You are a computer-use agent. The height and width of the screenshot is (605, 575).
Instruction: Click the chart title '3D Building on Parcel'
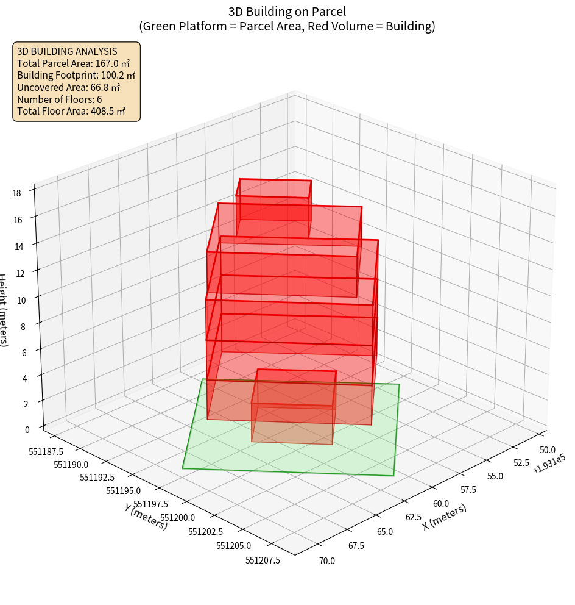287,12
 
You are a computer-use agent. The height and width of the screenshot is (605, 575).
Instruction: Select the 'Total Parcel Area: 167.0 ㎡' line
73,63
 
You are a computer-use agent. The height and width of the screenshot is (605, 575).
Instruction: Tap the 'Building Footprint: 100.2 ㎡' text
76,75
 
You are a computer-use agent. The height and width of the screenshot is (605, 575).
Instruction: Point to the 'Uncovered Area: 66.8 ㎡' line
71,87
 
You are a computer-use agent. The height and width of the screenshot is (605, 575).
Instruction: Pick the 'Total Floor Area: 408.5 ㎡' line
71,111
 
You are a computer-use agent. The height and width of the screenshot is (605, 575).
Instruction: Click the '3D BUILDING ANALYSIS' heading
67,52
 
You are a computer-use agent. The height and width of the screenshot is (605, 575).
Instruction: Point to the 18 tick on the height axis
16,193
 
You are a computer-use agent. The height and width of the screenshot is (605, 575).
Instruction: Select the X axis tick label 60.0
440,504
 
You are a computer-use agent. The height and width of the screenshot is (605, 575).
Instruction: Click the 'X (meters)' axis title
444,517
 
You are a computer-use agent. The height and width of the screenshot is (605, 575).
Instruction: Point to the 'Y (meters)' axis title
146,517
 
